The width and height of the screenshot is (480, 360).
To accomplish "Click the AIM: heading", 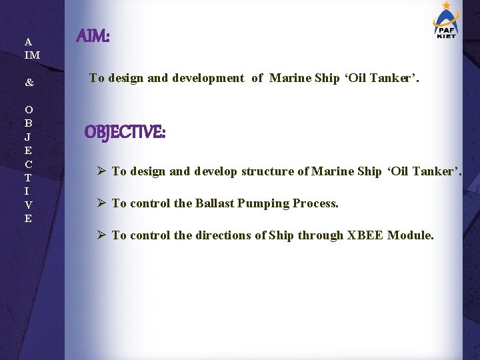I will [93, 36].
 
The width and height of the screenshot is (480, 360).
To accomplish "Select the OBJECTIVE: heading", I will [125, 133].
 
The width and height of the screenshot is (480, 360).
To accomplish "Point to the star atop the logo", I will [445, 5].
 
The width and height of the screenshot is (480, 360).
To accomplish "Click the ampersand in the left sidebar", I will [29, 83].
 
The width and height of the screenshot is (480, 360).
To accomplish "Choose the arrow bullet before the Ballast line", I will [101, 203].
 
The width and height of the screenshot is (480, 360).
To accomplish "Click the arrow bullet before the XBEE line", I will [101, 235].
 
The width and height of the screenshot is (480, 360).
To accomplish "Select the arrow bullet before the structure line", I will [101, 171].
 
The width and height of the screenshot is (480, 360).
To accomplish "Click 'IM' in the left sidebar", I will [32, 55].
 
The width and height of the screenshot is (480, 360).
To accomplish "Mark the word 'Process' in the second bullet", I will [317, 203].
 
